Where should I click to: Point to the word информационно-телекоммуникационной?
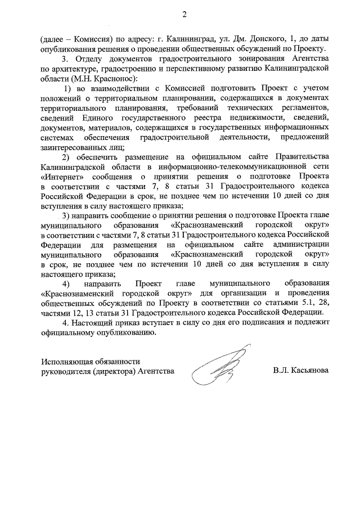click(x=222, y=166)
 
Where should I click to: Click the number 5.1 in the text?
click(x=302, y=303)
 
